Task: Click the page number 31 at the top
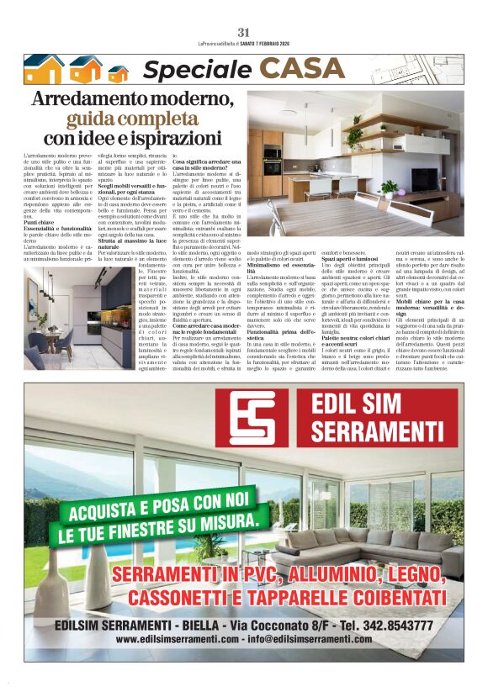click(x=243, y=33)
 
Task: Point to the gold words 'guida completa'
click(x=132, y=118)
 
